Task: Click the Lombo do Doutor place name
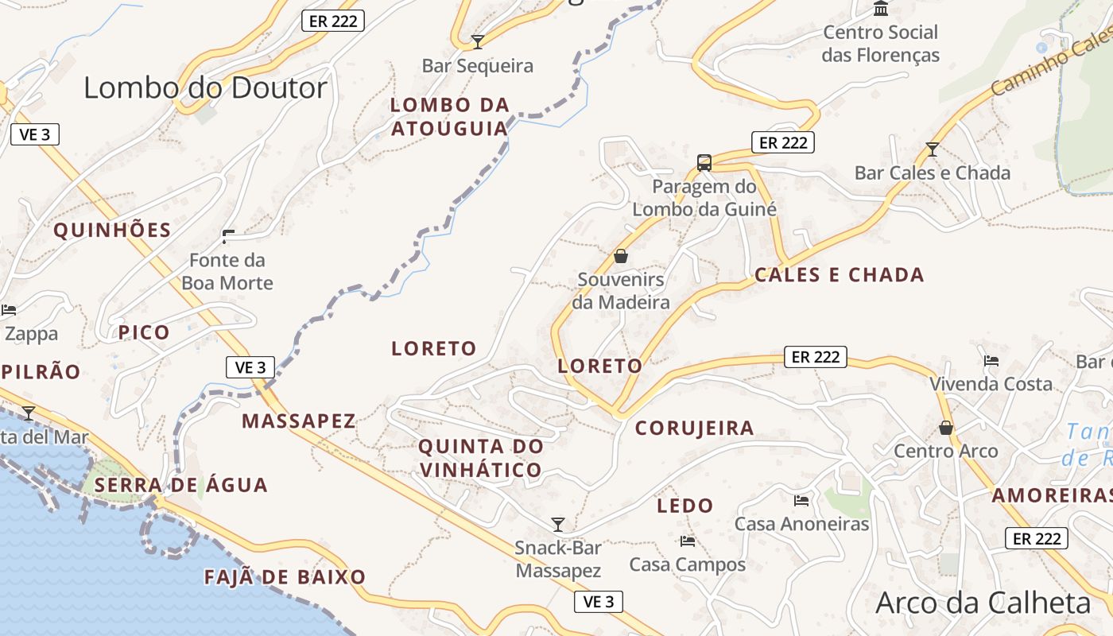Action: click(205, 87)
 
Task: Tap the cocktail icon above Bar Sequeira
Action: click(478, 41)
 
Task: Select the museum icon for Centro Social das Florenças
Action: click(881, 9)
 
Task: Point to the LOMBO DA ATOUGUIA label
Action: click(449, 116)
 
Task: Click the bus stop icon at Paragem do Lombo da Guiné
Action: click(704, 163)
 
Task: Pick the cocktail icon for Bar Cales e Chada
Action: click(933, 149)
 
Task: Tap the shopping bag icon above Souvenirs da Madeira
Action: click(621, 256)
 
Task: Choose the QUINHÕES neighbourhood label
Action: click(112, 231)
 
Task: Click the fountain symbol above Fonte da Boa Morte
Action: click(228, 236)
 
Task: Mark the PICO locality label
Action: click(144, 332)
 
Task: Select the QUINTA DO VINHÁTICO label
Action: click(481, 458)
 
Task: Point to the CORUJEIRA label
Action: click(694, 428)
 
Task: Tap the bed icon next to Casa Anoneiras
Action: click(801, 500)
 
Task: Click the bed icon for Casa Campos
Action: click(688, 541)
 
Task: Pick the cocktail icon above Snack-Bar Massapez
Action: click(558, 524)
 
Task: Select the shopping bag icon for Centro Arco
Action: click(946, 428)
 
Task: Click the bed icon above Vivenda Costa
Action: click(991, 360)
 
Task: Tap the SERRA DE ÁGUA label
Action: click(180, 485)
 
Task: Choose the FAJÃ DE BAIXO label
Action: click(285, 577)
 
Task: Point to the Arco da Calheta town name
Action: click(983, 603)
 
